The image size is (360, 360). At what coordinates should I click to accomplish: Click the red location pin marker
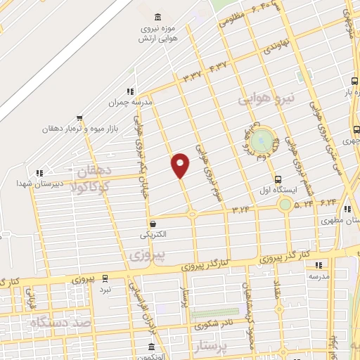(x=181, y=165)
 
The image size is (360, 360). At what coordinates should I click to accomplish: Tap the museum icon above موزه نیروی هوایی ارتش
(x=157, y=17)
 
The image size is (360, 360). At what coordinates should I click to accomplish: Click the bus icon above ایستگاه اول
(x=278, y=179)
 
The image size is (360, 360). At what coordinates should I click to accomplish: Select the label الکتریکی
(x=155, y=233)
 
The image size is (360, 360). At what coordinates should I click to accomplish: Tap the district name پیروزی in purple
(x=148, y=255)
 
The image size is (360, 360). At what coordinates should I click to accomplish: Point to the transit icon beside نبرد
(x=105, y=278)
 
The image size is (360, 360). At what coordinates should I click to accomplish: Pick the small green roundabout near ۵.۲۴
(x=285, y=205)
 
